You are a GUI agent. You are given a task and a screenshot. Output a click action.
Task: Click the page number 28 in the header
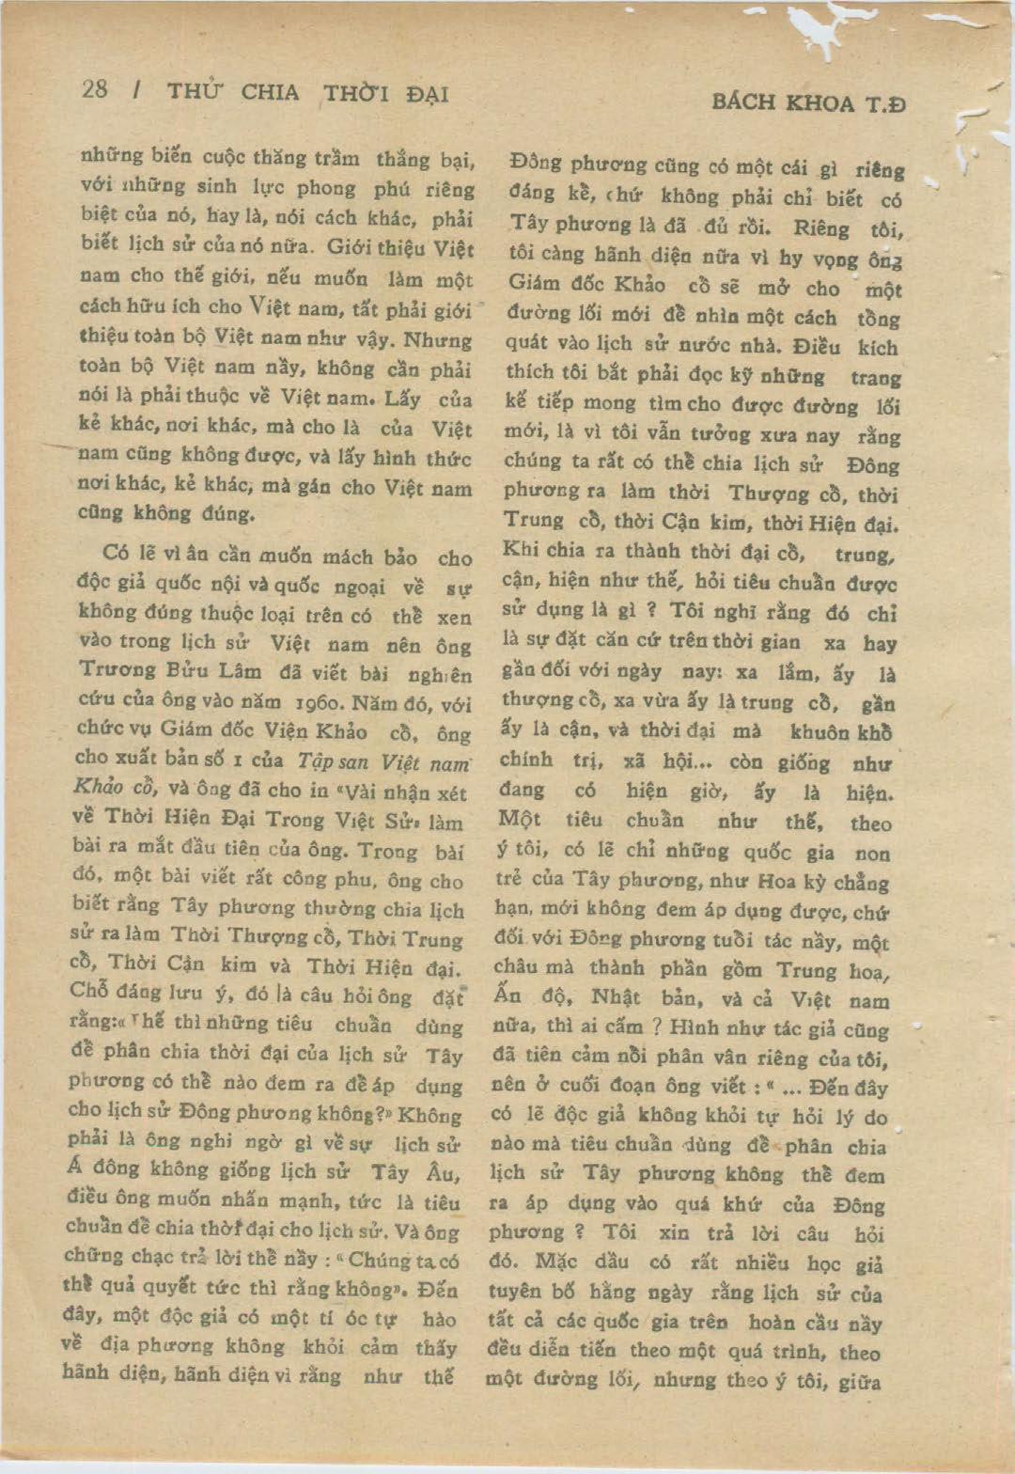[95, 89]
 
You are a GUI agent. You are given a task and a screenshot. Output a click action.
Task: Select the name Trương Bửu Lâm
[161, 671]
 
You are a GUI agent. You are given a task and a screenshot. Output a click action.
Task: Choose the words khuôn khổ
[840, 732]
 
